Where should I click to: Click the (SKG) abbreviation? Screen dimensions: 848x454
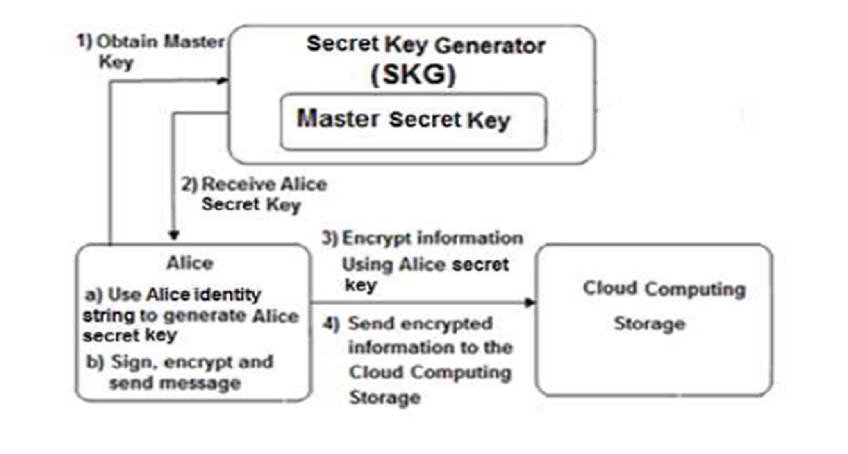pos(413,75)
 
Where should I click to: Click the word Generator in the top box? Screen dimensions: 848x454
pos(490,46)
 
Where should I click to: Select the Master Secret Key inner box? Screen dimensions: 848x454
pos(413,122)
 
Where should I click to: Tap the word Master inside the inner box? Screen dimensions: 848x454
pos(338,118)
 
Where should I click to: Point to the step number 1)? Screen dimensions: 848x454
pos(85,41)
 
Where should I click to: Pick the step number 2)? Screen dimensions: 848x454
pos(189,185)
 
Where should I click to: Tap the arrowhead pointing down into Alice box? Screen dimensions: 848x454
pos(174,235)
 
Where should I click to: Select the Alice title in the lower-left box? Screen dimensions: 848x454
pos(190,263)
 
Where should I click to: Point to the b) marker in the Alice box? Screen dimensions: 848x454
pos(95,362)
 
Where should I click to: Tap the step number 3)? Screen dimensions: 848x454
pos(330,238)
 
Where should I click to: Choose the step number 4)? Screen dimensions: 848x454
pos(331,324)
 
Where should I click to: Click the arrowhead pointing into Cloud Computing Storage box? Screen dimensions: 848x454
pos(530,303)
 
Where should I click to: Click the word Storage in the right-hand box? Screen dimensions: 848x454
pos(650,324)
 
